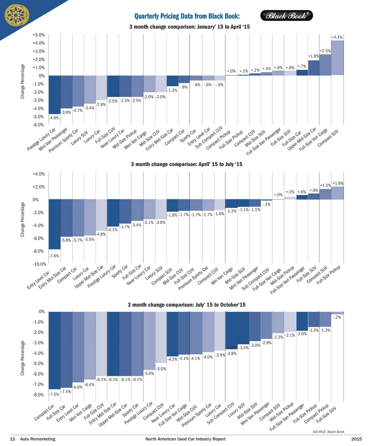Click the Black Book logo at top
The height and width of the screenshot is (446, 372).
(x=287, y=16)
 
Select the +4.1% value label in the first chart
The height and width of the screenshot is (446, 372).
(x=337, y=37)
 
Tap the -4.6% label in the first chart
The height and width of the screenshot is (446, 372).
(x=54, y=118)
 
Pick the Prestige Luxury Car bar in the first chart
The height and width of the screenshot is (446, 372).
(x=54, y=95)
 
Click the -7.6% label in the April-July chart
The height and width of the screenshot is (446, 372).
(x=54, y=256)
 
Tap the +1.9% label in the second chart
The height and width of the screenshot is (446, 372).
(x=338, y=184)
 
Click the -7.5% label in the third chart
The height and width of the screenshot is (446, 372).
(x=54, y=394)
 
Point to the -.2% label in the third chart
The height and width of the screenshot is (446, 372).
(x=337, y=317)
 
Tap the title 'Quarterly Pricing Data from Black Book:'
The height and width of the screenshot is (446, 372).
(x=187, y=16)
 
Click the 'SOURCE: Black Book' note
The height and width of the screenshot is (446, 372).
(x=328, y=432)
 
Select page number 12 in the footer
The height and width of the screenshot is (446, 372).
(x=12, y=439)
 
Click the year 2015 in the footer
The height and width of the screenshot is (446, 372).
(x=356, y=439)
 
